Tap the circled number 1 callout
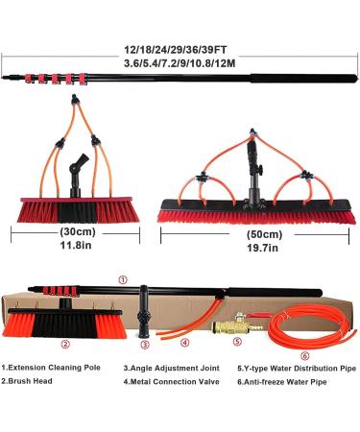(123, 279)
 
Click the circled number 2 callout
(64, 344)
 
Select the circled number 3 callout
(144, 344)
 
